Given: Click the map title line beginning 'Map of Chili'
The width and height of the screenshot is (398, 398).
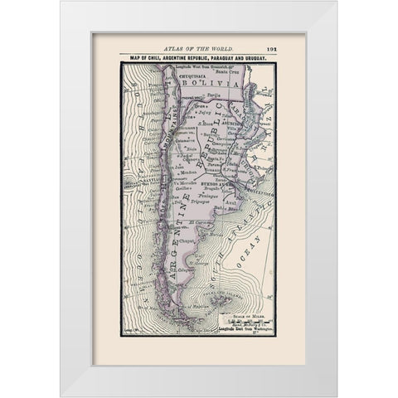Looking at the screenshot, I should click(x=198, y=59).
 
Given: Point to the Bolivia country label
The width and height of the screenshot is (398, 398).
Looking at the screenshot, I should click(x=208, y=85).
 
